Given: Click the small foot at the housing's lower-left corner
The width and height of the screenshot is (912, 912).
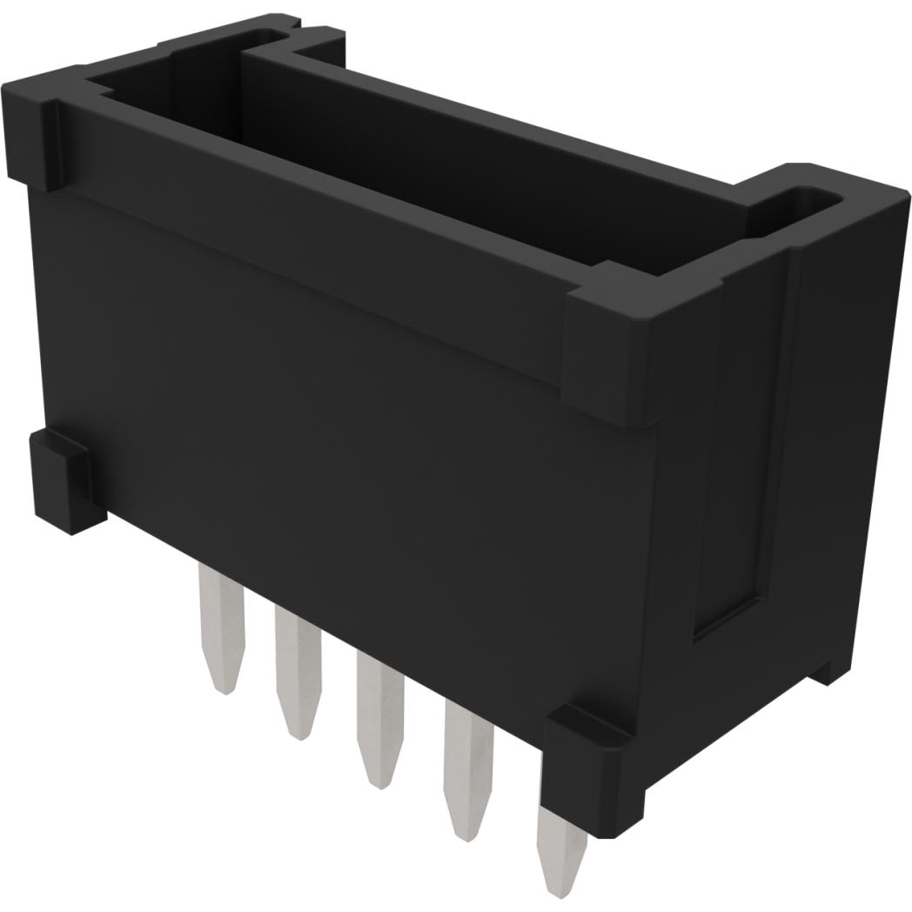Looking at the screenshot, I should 65,479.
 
